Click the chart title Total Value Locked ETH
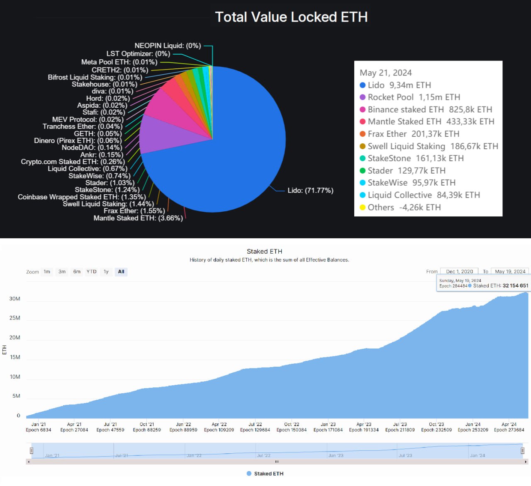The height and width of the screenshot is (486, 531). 291,17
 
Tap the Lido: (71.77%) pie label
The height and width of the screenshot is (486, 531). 310,191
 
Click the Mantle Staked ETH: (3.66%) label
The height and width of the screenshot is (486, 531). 138,218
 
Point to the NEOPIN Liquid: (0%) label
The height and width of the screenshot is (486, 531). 168,46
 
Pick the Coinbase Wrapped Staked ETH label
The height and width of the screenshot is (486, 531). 82,197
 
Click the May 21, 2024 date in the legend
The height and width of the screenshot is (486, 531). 386,73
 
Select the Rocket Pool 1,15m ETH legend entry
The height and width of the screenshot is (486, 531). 414,97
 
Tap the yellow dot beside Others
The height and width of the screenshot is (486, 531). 363,207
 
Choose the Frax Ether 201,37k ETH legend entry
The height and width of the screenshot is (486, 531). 413,134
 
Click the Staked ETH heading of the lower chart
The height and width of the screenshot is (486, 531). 264,251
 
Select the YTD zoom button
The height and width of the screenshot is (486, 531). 91,272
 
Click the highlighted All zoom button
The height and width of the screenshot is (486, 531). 121,272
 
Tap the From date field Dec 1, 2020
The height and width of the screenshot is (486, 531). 459,271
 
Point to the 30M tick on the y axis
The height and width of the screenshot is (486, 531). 15,299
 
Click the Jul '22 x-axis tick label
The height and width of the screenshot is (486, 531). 255,424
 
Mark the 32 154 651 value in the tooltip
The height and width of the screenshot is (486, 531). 515,285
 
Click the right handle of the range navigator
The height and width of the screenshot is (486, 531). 522,450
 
